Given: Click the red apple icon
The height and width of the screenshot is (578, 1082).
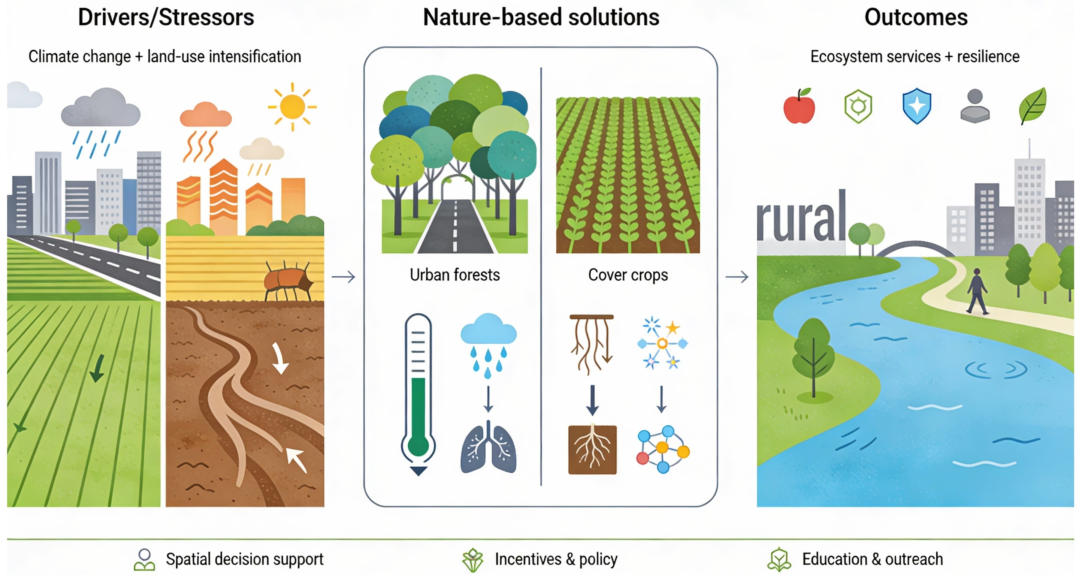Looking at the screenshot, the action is (799, 107).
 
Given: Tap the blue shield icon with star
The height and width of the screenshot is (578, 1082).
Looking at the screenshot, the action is (916, 106).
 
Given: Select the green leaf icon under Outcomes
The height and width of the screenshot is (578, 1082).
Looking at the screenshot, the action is (1033, 106).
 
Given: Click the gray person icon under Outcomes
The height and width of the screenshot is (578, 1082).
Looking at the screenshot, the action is (974, 106).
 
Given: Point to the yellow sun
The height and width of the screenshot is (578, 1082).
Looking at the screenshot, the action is (292, 106).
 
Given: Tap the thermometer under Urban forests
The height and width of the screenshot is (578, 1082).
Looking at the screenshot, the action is (418, 394).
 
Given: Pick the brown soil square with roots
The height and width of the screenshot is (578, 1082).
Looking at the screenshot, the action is (592, 450).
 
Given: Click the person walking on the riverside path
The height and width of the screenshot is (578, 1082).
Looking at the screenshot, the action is (977, 291).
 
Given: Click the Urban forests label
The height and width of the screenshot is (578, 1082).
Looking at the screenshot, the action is (454, 275).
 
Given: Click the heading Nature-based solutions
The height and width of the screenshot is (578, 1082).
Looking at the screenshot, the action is (541, 17).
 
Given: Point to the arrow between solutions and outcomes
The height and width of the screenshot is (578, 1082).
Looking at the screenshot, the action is (737, 277).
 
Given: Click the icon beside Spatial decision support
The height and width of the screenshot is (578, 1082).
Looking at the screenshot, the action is (144, 560).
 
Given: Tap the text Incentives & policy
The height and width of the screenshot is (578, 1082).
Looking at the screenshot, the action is (556, 560).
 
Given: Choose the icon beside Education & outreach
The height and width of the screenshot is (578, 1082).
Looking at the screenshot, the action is (779, 560).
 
